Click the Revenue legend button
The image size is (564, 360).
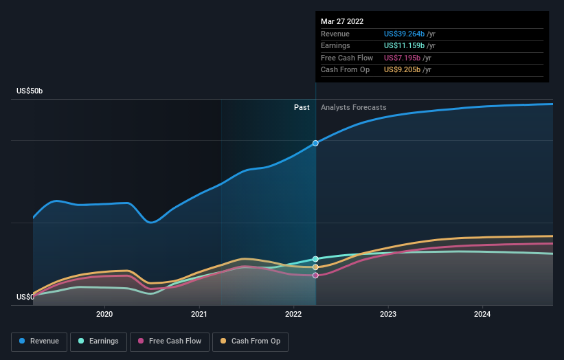coord(40,341)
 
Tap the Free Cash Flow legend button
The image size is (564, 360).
coord(169,341)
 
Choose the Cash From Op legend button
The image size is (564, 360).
coord(250,341)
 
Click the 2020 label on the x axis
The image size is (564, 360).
coord(104,314)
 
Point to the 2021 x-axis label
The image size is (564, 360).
coord(199,314)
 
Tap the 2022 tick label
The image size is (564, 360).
coord(293,314)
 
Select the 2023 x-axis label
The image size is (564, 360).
coord(388,314)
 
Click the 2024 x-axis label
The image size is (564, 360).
coord(483,314)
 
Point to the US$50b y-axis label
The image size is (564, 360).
coord(32,91)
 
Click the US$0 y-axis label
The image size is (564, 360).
coord(25,297)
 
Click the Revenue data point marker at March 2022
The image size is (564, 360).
coord(315,143)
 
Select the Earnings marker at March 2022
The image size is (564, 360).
coord(315,259)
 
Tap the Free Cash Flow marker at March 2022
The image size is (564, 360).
coord(315,275)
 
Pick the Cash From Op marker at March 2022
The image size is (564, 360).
coord(315,267)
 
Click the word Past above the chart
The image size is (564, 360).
coord(302,107)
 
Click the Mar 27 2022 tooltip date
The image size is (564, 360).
coord(342,21)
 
